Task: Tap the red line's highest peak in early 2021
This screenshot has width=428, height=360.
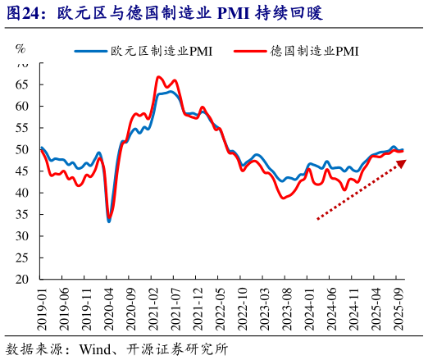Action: coord(158,77)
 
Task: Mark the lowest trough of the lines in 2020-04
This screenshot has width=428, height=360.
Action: coord(109,220)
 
